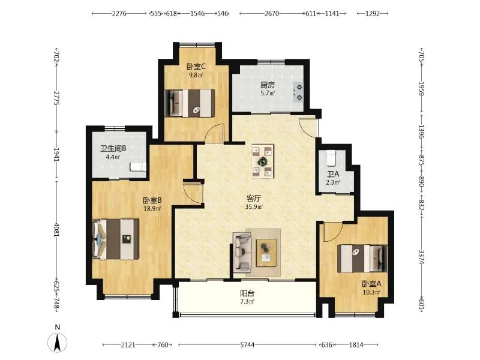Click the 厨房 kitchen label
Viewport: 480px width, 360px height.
tap(268, 85)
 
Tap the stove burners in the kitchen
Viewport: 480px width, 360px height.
tap(298, 92)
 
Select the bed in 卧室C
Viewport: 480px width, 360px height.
tap(190, 103)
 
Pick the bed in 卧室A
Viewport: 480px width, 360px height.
tap(362, 259)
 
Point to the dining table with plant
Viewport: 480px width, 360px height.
tap(263, 161)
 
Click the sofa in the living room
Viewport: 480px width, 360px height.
tap(242, 251)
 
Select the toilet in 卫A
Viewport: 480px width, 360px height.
tap(331, 157)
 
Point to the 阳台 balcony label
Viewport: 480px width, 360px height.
tap(247, 293)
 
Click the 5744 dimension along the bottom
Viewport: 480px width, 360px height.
tap(247, 345)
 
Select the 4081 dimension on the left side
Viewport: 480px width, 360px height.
tap(56, 229)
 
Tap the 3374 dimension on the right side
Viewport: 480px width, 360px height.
tap(422, 257)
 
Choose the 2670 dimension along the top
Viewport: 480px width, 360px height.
tap(272, 13)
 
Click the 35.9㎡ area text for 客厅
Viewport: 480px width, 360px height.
tap(254, 206)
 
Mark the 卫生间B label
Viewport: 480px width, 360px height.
tap(113, 149)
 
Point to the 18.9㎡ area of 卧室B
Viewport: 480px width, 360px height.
tap(152, 209)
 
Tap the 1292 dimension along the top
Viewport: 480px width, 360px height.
tap(373, 13)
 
